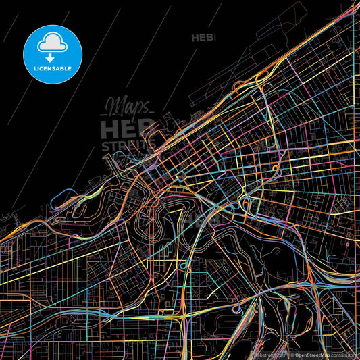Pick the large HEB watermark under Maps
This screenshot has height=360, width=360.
click(127, 128)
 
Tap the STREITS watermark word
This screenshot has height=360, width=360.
click(128, 145)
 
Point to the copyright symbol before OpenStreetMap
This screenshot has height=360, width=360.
click(292, 354)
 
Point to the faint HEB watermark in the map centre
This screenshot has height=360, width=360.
click(196, 220)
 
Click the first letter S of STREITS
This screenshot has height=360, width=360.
click(105, 145)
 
